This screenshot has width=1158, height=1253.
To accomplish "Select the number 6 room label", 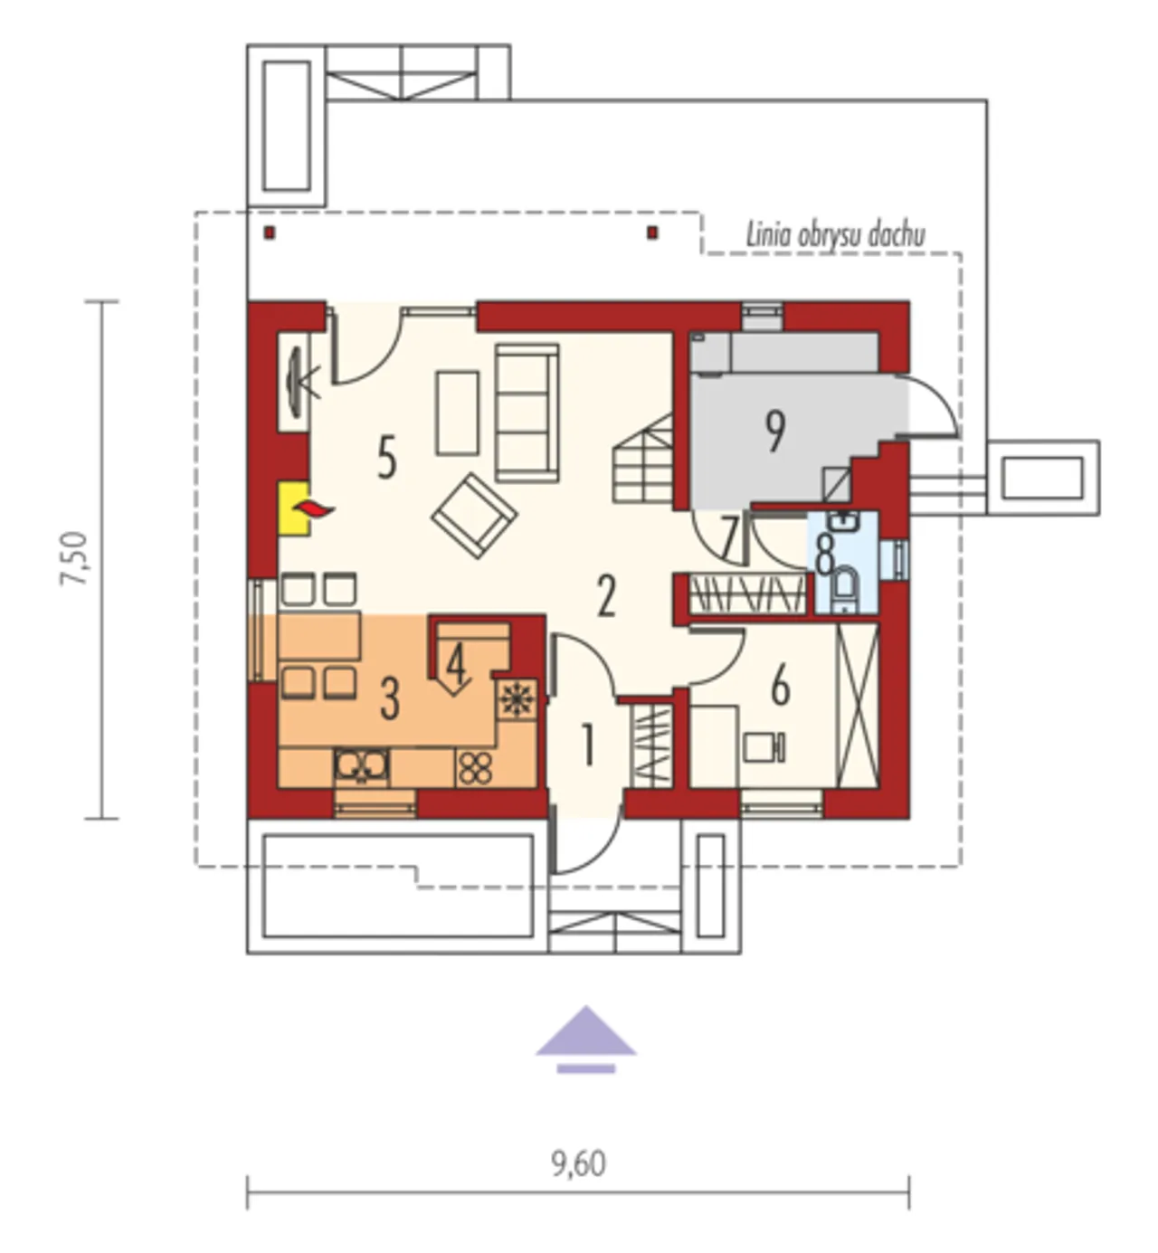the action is pyautogui.click(x=781, y=686).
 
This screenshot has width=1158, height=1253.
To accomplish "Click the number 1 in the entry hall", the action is pyautogui.click(x=587, y=745).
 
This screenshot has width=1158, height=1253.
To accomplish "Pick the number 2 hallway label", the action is pyautogui.click(x=606, y=596).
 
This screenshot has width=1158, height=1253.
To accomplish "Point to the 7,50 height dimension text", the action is pyautogui.click(x=75, y=558).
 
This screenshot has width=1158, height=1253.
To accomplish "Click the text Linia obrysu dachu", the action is pyautogui.click(x=836, y=234).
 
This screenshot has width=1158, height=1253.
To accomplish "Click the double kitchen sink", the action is pyautogui.click(x=361, y=766).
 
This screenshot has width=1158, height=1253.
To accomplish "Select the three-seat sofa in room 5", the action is pyautogui.click(x=527, y=412).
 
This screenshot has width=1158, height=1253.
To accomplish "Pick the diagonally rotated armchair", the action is pyautogui.click(x=474, y=515).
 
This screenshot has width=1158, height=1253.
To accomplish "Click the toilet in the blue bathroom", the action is pyautogui.click(x=843, y=589).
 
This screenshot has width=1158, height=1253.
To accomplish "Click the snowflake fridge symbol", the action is pyautogui.click(x=517, y=698).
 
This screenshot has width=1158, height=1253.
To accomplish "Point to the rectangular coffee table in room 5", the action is pyautogui.click(x=457, y=413).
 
